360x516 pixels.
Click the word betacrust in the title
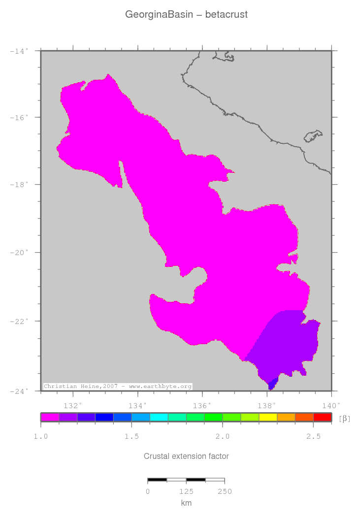click(226, 15)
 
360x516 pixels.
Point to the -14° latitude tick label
click(20, 51)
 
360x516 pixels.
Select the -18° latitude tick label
click(20, 185)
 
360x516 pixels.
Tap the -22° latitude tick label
click(20, 321)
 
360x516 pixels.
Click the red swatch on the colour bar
click(322, 417)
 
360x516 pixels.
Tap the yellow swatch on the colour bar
click(268, 417)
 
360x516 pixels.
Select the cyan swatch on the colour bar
click(159, 417)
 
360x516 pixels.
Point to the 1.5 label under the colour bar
click(131, 437)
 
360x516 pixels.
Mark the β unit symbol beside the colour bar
click(345, 419)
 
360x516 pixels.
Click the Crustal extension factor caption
click(186, 456)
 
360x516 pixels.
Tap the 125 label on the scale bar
click(186, 491)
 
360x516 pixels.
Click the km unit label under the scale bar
click(186, 503)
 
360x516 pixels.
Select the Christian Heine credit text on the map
click(118, 387)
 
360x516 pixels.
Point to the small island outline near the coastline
click(313, 136)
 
